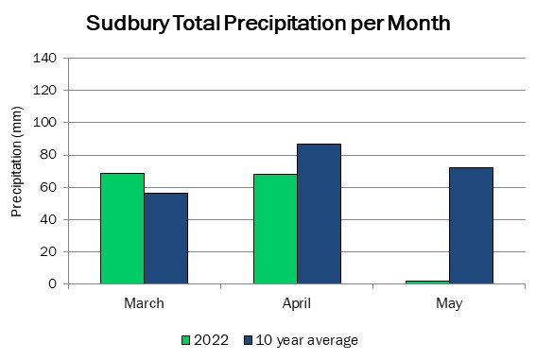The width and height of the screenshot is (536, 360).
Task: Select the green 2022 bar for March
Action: (x=122, y=229)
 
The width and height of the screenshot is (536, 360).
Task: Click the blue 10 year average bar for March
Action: (x=165, y=238)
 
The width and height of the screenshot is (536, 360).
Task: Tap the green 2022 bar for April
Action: (x=275, y=229)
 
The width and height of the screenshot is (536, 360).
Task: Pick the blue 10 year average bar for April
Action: (x=319, y=214)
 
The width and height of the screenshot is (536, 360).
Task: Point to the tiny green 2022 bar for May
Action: (x=427, y=283)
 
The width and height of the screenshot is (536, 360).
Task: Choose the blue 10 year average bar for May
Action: (x=471, y=226)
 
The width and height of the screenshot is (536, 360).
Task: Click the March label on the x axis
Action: (x=144, y=303)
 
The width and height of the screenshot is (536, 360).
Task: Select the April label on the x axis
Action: (x=297, y=303)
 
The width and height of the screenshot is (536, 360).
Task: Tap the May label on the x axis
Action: (x=449, y=303)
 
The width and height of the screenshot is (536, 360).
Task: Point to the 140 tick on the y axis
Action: (x=44, y=58)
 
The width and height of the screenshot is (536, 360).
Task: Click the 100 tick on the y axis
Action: (x=44, y=122)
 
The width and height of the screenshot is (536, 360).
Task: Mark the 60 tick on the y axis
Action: (x=48, y=187)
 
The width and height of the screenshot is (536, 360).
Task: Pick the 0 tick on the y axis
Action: (x=52, y=283)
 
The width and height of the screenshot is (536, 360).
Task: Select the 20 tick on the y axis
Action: (x=48, y=251)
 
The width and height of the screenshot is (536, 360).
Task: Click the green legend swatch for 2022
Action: (x=185, y=340)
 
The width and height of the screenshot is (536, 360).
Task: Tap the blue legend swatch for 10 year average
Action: (x=249, y=340)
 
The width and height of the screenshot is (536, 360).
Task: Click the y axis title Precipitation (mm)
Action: (x=16, y=162)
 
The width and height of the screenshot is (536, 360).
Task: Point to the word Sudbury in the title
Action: (x=128, y=24)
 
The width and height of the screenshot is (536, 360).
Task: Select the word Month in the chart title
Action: (x=419, y=24)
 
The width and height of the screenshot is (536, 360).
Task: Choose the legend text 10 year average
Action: (x=307, y=340)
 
